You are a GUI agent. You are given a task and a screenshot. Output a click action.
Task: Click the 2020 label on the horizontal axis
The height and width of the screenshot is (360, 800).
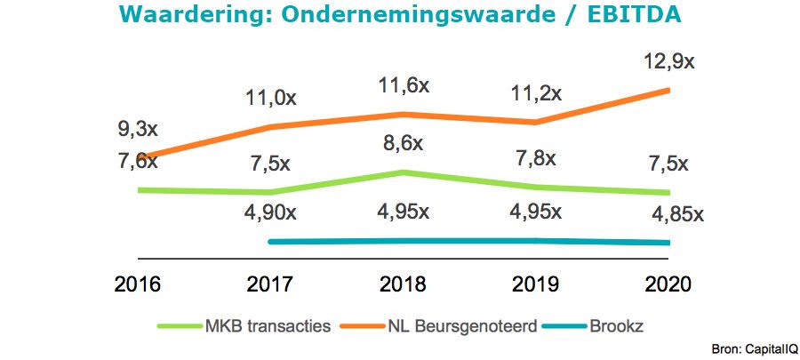(668, 285)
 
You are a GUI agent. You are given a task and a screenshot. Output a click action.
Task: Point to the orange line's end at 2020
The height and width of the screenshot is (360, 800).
(668, 90)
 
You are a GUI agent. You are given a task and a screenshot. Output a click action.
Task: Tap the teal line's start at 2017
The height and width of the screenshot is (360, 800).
(270, 242)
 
